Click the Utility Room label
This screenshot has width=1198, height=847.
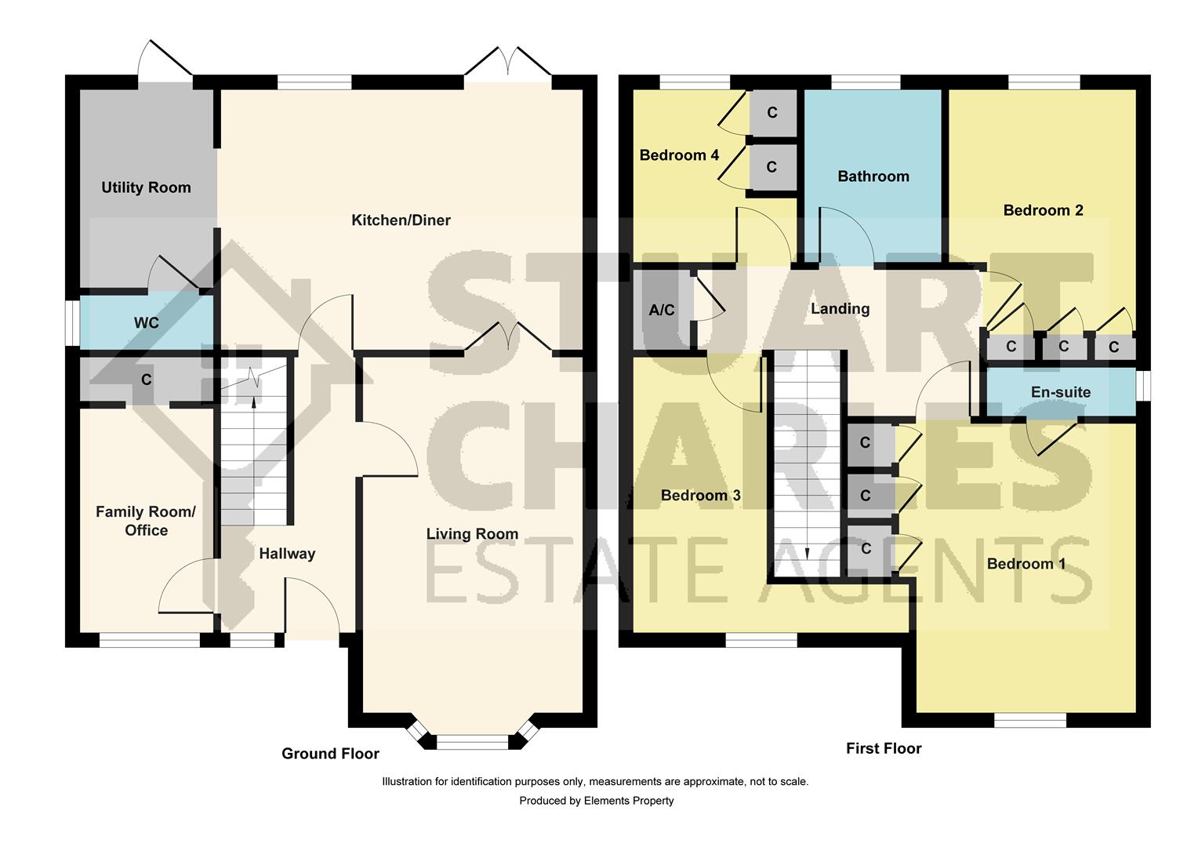(146, 187)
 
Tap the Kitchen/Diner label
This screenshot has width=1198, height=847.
(401, 220)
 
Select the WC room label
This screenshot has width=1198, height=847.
(146, 323)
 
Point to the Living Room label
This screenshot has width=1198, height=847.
(472, 534)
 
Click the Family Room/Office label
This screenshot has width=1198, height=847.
(146, 521)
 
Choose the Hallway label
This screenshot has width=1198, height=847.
(287, 554)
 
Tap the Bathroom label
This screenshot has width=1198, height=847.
(873, 176)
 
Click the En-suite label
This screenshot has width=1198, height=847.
(1060, 392)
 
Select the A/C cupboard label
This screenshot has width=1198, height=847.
(662, 311)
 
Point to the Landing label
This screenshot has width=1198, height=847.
(840, 309)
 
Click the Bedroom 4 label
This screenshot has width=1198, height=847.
(679, 155)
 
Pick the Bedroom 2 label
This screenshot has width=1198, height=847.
(1043, 210)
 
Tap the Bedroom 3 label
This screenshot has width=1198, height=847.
(700, 496)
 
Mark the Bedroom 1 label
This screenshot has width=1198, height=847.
(1026, 564)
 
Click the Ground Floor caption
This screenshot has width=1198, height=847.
(330, 754)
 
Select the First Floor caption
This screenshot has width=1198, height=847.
(884, 749)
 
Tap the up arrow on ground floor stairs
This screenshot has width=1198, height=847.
(252, 401)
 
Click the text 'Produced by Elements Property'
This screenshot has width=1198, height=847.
(596, 801)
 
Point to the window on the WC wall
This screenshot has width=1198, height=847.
(71, 322)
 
